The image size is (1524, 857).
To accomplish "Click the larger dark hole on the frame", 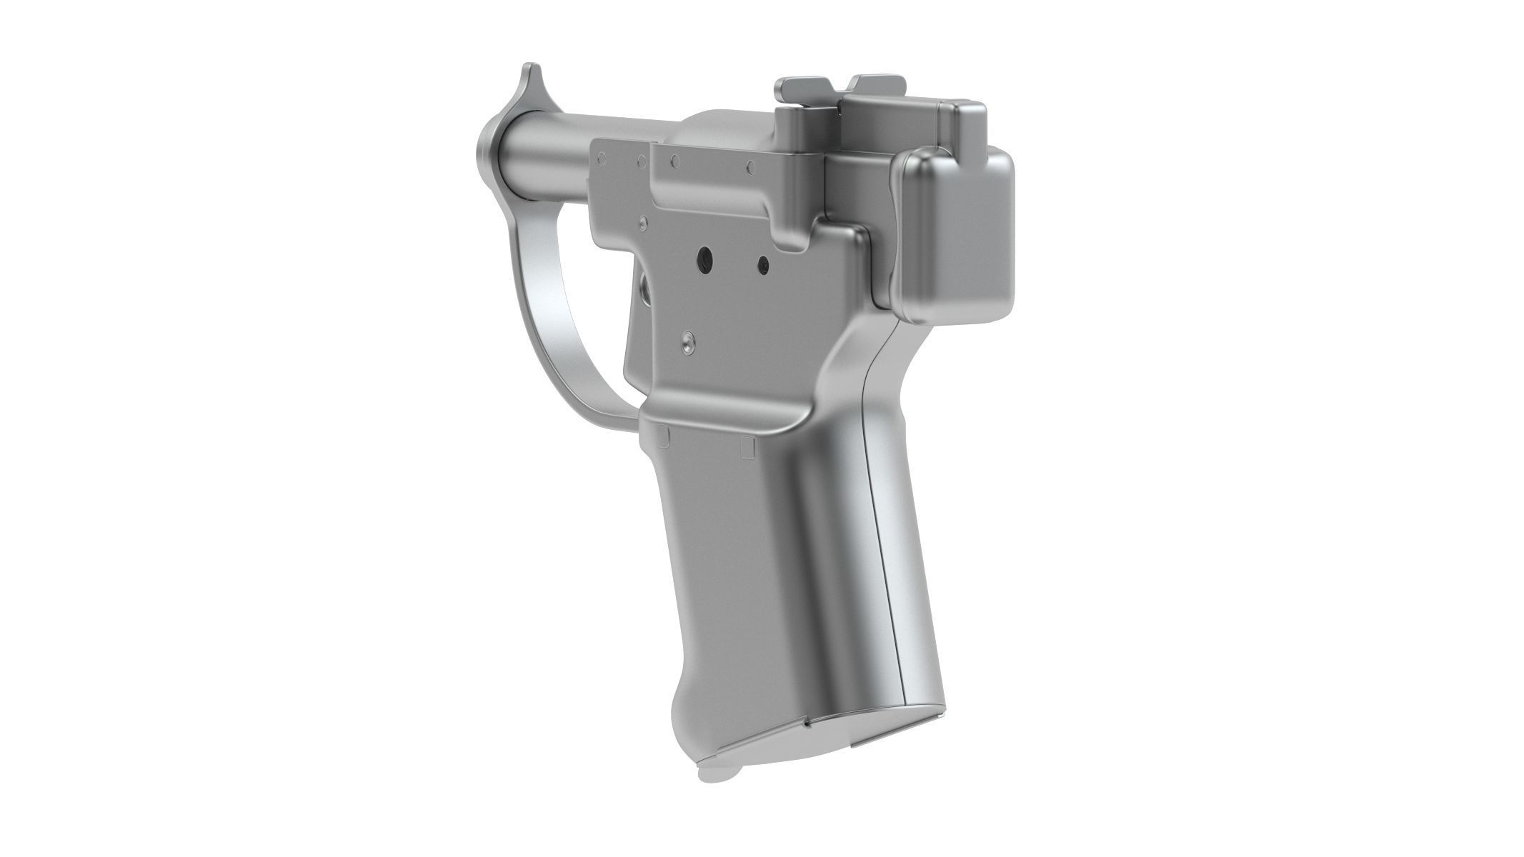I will tap(705, 256).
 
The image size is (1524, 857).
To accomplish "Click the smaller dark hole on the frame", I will tap(763, 264).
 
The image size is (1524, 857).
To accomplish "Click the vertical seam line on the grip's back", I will tap(885, 571).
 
